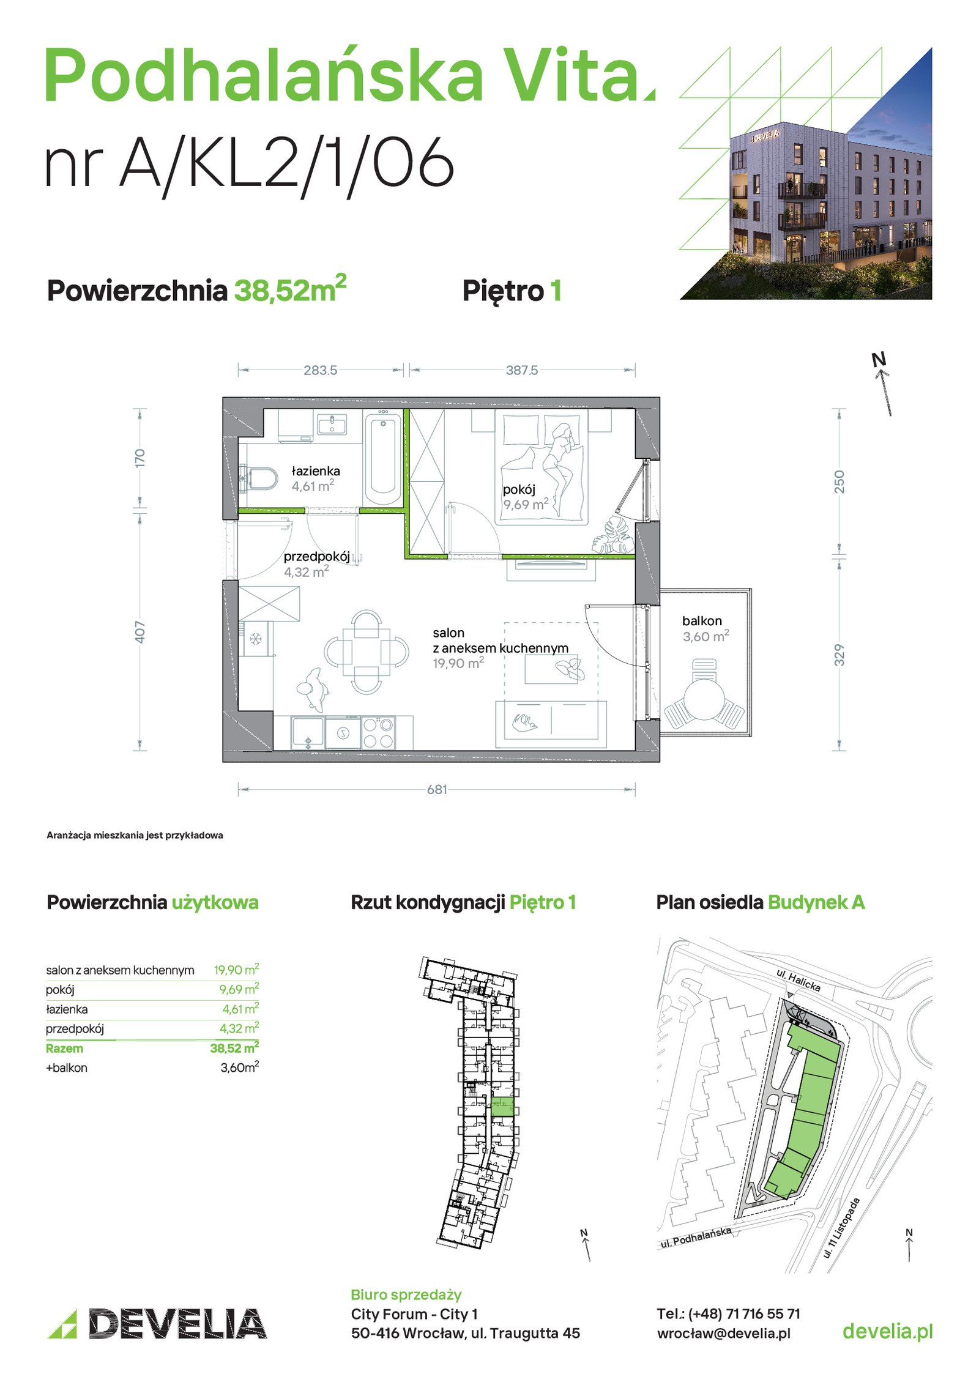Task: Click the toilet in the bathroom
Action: (259, 478)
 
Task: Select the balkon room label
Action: (702, 621)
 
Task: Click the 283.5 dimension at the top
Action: (320, 370)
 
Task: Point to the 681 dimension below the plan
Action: (437, 789)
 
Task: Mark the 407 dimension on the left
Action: (140, 632)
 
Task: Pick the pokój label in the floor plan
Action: (519, 489)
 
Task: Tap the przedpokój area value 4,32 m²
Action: (306, 571)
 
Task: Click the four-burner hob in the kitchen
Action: (378, 732)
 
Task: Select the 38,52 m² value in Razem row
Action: (234, 1047)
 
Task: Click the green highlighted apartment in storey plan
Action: (502, 1107)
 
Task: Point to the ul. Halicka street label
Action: (798, 980)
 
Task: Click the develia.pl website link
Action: (887, 1331)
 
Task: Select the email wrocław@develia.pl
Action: (723, 1333)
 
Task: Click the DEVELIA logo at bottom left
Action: (157, 1324)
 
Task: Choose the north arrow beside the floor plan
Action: (884, 385)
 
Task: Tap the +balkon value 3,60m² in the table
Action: (240, 1067)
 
